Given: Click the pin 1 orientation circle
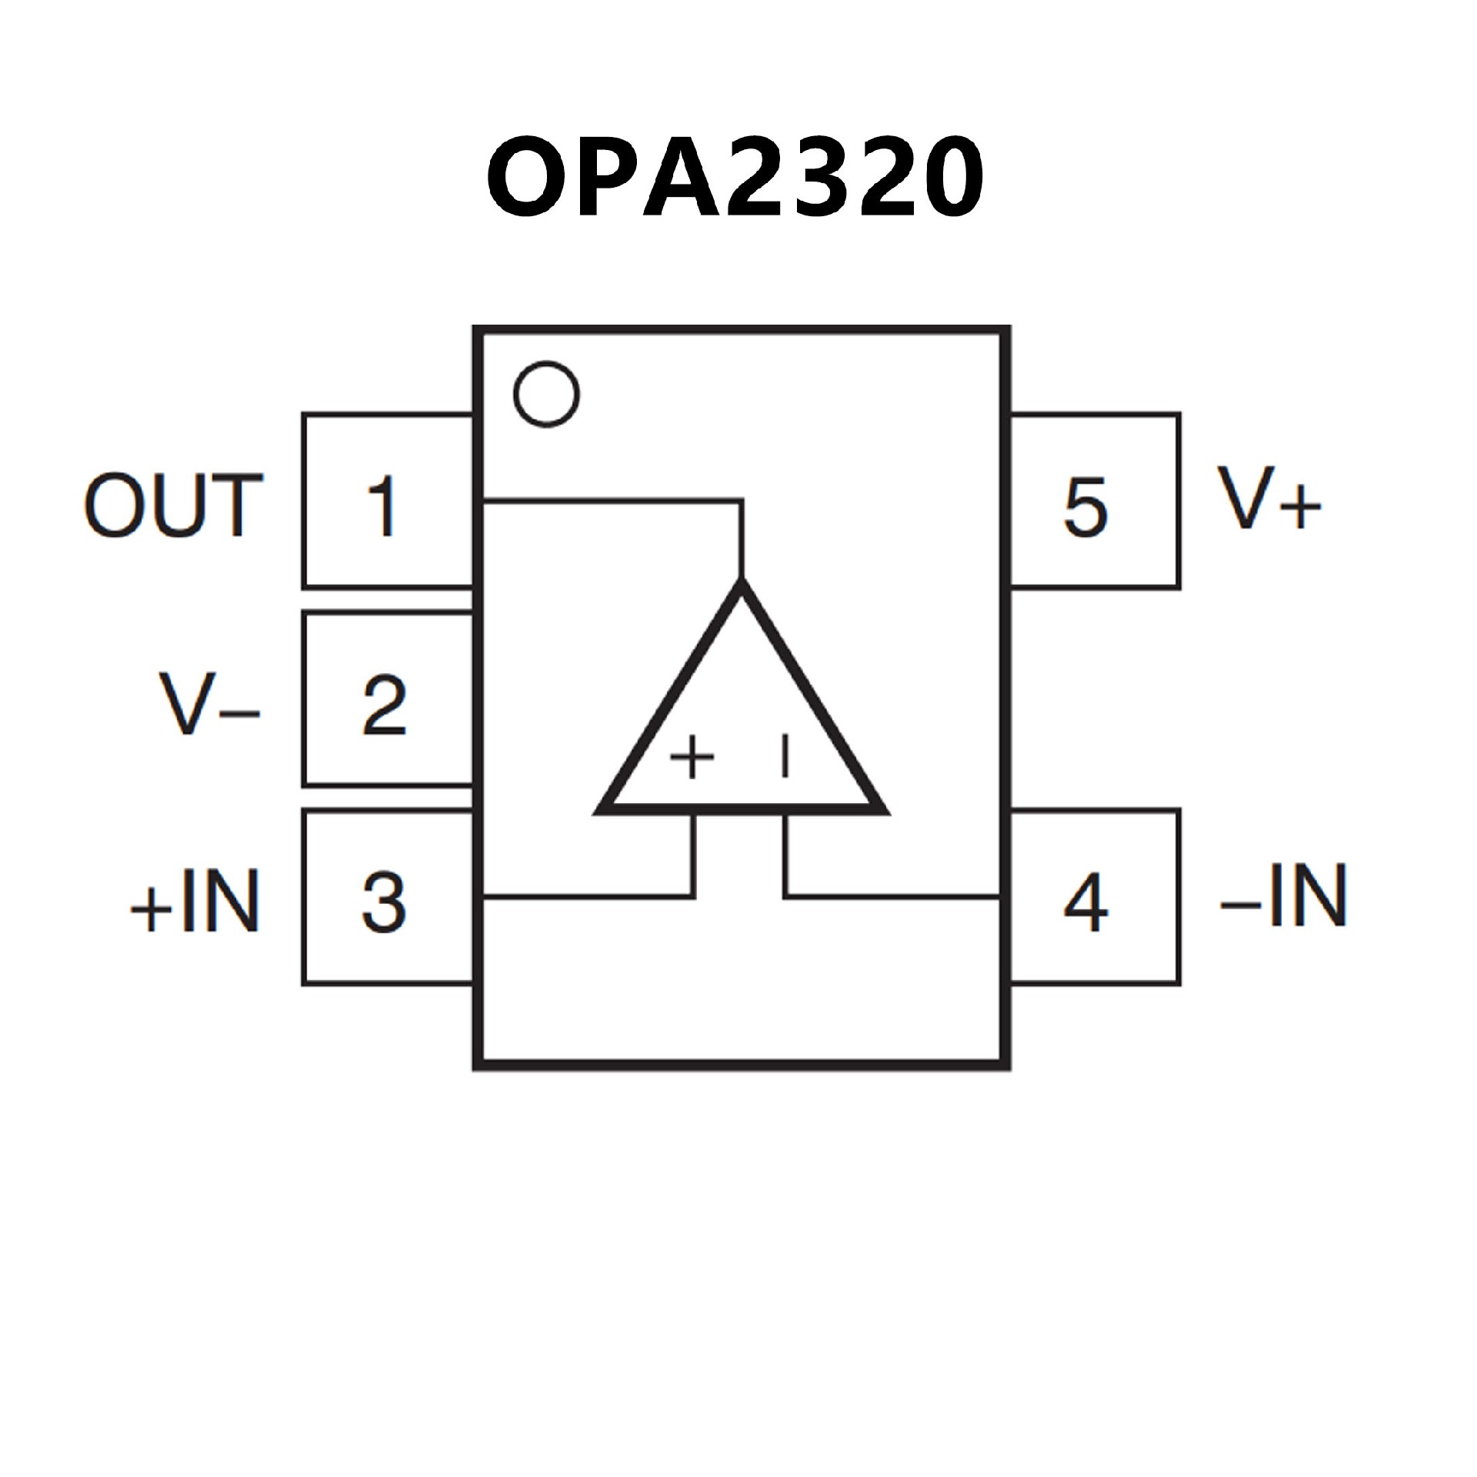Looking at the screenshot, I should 546,394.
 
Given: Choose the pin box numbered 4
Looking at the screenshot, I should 1093,897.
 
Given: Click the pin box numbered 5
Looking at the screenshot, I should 1093,502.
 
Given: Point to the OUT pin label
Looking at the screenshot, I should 174,505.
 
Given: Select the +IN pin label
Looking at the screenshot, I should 195,901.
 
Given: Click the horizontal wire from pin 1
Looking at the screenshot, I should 612,502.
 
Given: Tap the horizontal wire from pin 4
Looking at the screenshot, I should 892,896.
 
